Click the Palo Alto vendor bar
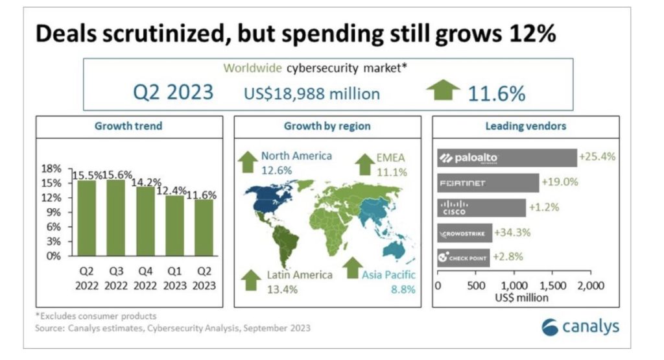point(507,158)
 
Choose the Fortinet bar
point(488,183)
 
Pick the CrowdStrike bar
point(465,232)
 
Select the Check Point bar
point(464,257)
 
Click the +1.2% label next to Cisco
point(543,208)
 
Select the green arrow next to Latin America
point(250,280)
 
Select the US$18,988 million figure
point(312,93)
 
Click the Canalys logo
point(579,326)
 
